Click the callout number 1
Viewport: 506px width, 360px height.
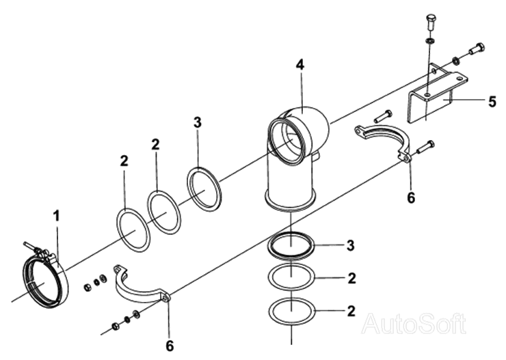(57, 216)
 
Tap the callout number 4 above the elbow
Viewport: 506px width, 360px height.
(300, 65)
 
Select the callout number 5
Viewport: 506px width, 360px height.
(492, 102)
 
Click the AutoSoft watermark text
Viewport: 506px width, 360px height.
(414, 324)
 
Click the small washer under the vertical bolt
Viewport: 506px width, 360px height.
(430, 41)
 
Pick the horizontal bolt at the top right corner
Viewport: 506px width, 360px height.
(477, 49)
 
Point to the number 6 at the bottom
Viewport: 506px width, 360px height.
(170, 346)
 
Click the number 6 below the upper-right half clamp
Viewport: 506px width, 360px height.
(411, 197)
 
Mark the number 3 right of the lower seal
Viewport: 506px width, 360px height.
(351, 245)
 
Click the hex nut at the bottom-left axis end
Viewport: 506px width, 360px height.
(116, 326)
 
